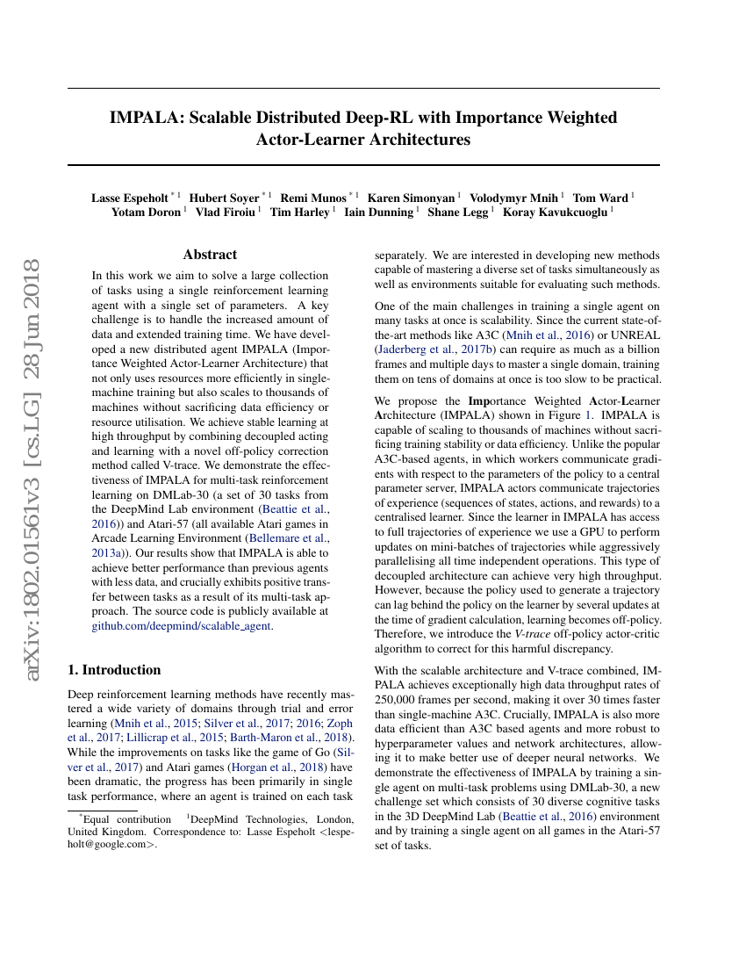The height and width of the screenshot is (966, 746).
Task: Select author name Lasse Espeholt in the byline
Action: pyautogui.click(x=129, y=198)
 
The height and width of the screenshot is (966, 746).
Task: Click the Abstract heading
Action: pyautogui.click(x=210, y=255)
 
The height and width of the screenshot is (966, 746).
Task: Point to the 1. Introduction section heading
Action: pyautogui.click(x=114, y=670)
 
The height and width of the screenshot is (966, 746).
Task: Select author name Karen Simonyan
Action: pyautogui.click(x=411, y=198)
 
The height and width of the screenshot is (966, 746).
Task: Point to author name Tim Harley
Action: pyautogui.click(x=301, y=212)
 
